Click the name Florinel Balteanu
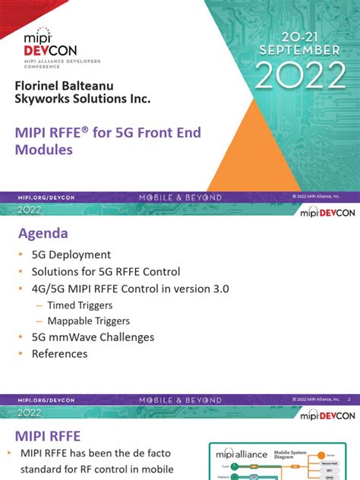[x=72, y=84]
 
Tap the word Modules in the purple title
[x=44, y=150]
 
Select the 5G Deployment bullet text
[x=71, y=254]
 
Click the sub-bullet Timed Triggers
[x=80, y=305]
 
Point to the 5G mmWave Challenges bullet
[x=93, y=337]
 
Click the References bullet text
[x=59, y=354]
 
